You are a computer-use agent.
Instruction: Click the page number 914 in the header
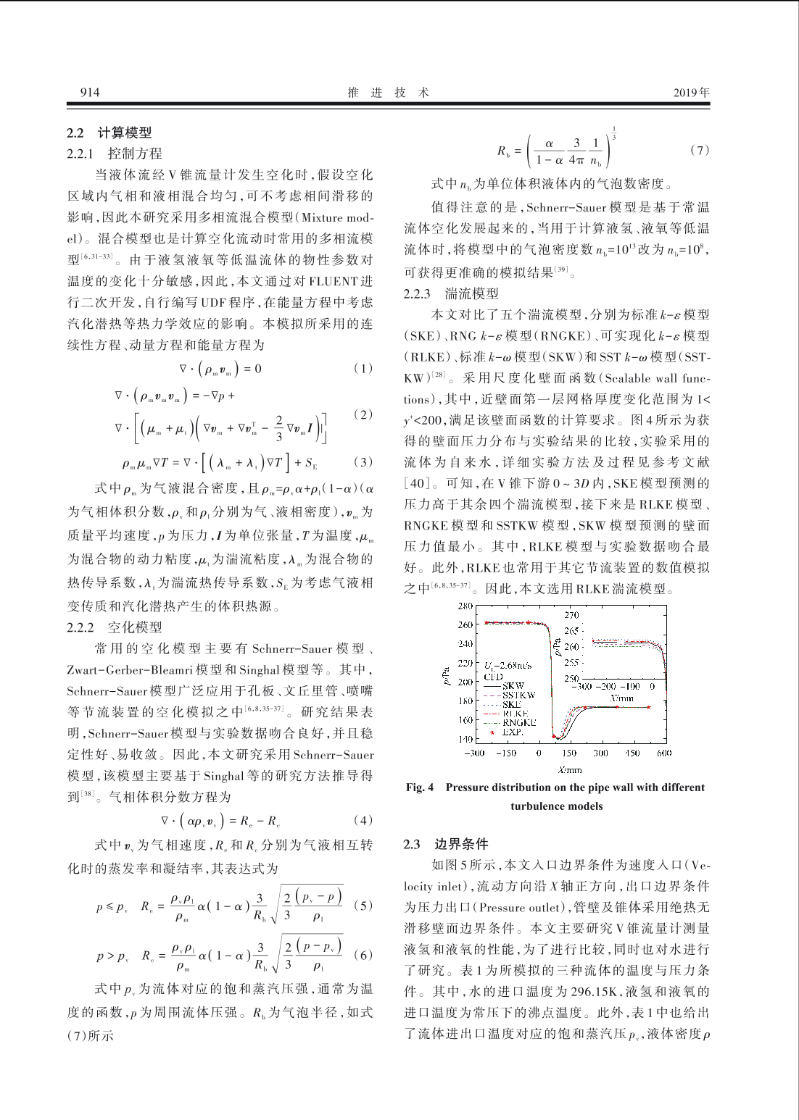[90, 92]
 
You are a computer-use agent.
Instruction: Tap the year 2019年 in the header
[692, 92]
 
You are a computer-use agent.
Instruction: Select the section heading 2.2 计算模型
[109, 133]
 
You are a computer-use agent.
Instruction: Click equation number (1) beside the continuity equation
[363, 368]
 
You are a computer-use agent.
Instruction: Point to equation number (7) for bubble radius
[699, 150]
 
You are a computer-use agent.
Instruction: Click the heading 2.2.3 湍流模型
[451, 293]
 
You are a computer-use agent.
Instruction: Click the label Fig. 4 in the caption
[420, 787]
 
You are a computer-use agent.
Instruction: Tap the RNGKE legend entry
[519, 722]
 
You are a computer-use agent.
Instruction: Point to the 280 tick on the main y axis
[465, 606]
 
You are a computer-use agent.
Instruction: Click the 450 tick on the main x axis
[633, 753]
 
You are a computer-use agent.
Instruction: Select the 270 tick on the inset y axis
[572, 615]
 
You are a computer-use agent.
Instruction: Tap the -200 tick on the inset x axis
[607, 686]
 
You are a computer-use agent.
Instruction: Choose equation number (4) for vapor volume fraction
[363, 820]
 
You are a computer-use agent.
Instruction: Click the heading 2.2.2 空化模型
[115, 627]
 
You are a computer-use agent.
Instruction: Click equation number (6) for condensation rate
[363, 955]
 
